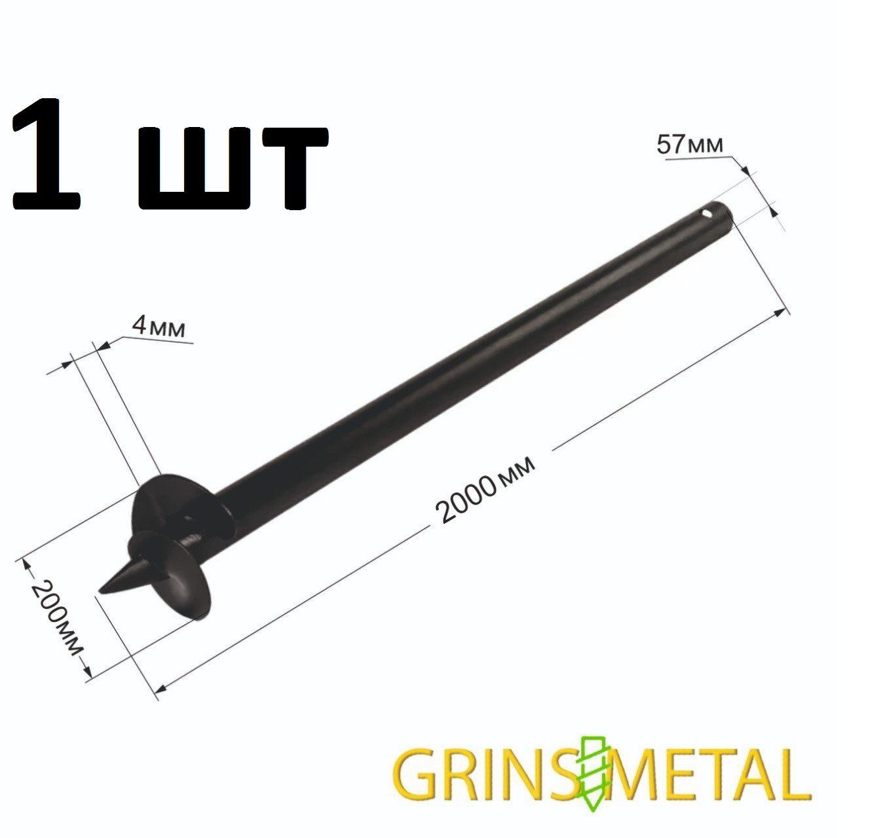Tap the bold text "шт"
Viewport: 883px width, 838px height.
click(x=233, y=168)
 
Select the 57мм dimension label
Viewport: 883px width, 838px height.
click(x=689, y=145)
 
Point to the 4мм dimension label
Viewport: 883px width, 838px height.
click(x=158, y=327)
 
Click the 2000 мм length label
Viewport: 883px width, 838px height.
click(x=485, y=490)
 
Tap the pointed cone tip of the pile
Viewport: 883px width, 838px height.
click(x=100, y=592)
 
